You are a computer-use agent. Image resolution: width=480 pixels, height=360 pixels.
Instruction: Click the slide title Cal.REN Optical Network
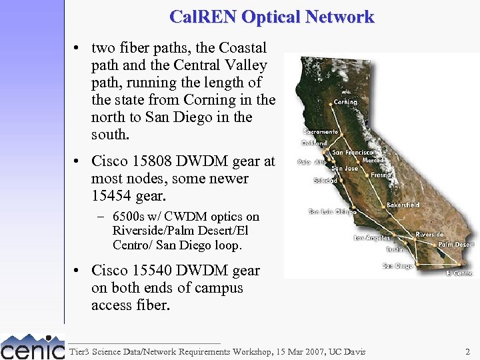pos(272,17)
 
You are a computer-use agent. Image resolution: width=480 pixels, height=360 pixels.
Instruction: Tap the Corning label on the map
pos(345,102)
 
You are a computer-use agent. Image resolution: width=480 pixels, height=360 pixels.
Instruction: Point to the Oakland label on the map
pos(314,143)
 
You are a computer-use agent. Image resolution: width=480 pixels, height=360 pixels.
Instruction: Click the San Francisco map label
pos(357,153)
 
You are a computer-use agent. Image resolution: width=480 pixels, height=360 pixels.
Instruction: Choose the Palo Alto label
pos(312,161)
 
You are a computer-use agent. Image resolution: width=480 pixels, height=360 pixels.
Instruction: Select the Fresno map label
pos(381,175)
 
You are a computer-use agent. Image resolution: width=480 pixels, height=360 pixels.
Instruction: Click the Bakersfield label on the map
pos(403,205)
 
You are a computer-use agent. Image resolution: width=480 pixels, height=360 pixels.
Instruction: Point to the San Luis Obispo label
pos(332,212)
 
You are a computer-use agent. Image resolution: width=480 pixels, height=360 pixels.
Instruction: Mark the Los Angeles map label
pos(372,238)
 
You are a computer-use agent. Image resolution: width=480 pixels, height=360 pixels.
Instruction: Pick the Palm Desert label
pos(456,245)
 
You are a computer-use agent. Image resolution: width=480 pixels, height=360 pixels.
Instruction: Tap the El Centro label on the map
pos(459,273)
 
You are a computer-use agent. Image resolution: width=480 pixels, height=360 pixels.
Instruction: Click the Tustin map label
pos(394,250)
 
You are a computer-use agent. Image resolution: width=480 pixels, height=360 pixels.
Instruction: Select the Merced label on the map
pos(373,161)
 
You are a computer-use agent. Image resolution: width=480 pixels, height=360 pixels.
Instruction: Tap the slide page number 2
pos(467,351)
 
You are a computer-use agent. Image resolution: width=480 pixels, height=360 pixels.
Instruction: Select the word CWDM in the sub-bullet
pos(187,217)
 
